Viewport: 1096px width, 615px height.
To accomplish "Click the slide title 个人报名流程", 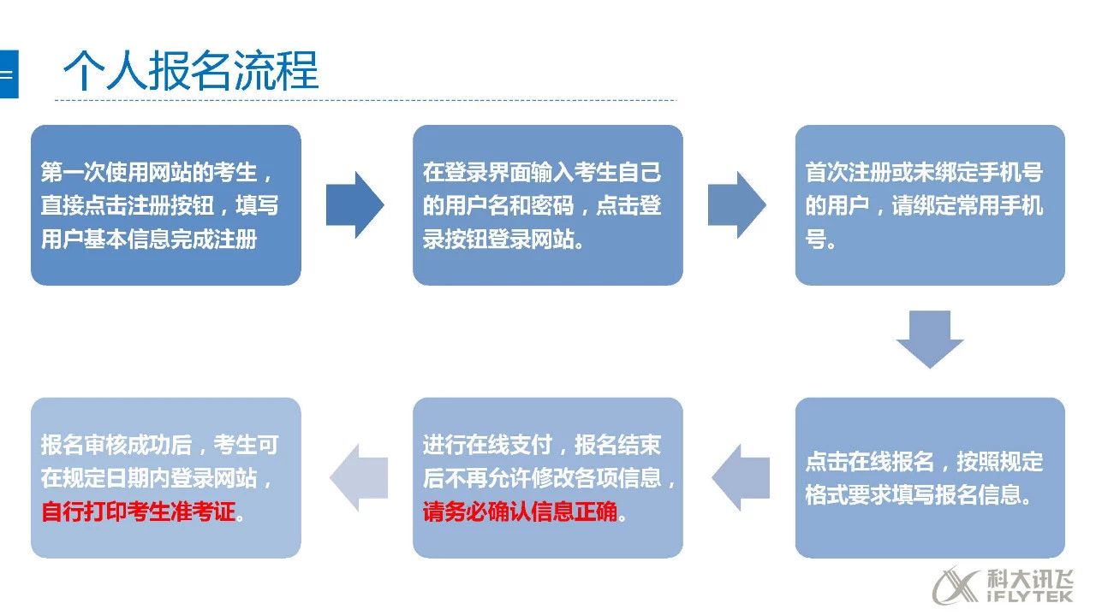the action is pyautogui.click(x=191, y=70).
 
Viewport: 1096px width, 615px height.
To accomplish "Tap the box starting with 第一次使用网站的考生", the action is pyautogui.click(x=166, y=205).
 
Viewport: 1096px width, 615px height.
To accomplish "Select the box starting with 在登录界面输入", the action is pyautogui.click(x=547, y=205).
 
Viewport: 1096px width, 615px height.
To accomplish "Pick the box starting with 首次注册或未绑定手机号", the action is pyautogui.click(x=930, y=205).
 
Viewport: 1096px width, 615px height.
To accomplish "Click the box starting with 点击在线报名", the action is pyautogui.click(x=930, y=477).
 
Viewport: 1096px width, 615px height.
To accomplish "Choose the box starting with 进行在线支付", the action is pyautogui.click(x=547, y=477).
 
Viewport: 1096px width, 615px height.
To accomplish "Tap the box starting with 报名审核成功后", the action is pyautogui.click(x=166, y=477).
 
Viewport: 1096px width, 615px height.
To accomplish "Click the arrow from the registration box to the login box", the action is pyautogui.click(x=354, y=204).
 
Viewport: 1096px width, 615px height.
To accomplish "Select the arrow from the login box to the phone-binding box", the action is pyautogui.click(x=737, y=204).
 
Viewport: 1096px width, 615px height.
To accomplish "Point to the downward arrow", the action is pyautogui.click(x=930, y=340).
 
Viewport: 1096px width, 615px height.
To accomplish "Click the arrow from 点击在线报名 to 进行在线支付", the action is pyautogui.click(x=741, y=477).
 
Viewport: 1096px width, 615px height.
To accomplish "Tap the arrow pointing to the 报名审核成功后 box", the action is pyautogui.click(x=359, y=477).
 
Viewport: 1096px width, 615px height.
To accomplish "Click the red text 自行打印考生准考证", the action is pyautogui.click(x=139, y=512).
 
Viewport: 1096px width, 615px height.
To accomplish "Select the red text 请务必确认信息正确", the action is pyautogui.click(x=520, y=512).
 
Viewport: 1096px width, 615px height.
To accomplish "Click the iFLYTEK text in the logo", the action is pyautogui.click(x=1029, y=596).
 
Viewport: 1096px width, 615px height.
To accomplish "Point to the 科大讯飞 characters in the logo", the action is pyautogui.click(x=1029, y=579).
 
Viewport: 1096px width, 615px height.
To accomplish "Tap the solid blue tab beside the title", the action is pyautogui.click(x=9, y=74).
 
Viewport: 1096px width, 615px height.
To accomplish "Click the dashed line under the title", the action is pyautogui.click(x=366, y=100).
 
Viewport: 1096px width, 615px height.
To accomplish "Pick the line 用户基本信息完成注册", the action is pyautogui.click(x=149, y=239).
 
